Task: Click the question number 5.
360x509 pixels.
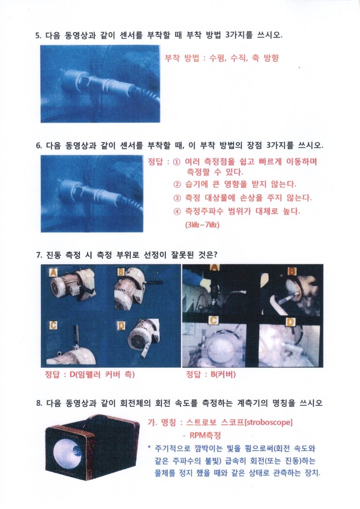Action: tap(38, 36)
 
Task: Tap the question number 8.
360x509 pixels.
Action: tap(39, 403)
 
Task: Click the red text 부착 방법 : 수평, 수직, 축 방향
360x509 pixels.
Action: tap(222, 58)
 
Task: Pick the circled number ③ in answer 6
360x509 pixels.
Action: tap(177, 198)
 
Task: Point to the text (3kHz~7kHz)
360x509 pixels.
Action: tap(202, 225)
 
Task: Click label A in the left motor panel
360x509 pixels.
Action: tap(53, 272)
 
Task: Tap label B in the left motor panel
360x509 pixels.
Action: tap(121, 272)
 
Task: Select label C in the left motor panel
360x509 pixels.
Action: tap(53, 325)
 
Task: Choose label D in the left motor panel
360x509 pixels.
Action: tap(121, 325)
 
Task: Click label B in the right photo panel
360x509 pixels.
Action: tap(292, 271)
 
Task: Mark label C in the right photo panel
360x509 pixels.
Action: tap(213, 321)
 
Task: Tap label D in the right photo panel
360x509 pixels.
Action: tap(290, 322)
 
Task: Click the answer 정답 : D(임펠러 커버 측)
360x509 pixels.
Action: tap(90, 375)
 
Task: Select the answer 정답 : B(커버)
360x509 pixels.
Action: tap(211, 375)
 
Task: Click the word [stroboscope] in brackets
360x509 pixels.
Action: tap(269, 423)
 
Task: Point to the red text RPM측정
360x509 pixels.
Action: tap(205, 436)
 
